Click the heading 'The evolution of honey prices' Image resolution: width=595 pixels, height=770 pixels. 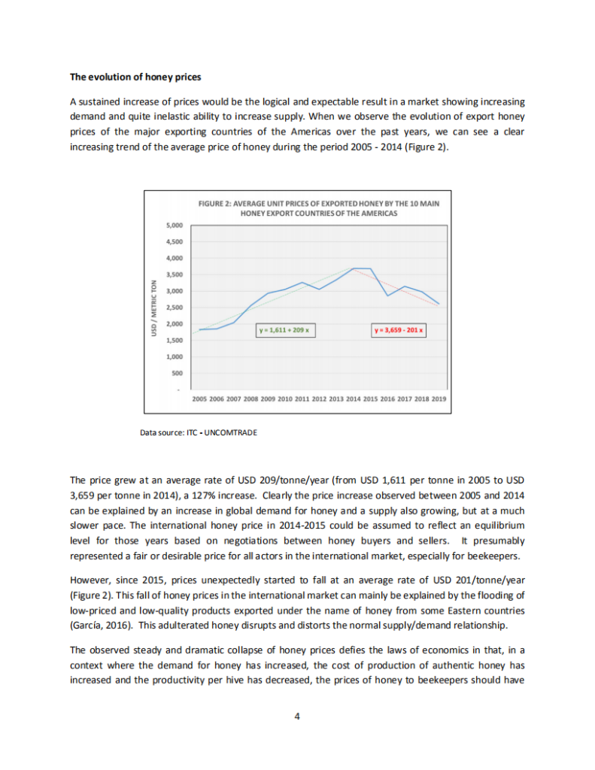pyautogui.click(x=135, y=77)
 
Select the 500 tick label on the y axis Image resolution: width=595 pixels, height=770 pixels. pyautogui.click(x=175, y=373)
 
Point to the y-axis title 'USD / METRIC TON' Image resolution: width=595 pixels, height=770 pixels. pyautogui.click(x=154, y=307)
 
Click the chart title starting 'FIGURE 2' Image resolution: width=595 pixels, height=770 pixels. pyautogui.click(x=318, y=208)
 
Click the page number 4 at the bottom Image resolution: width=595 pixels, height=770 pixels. pyautogui.click(x=298, y=715)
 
